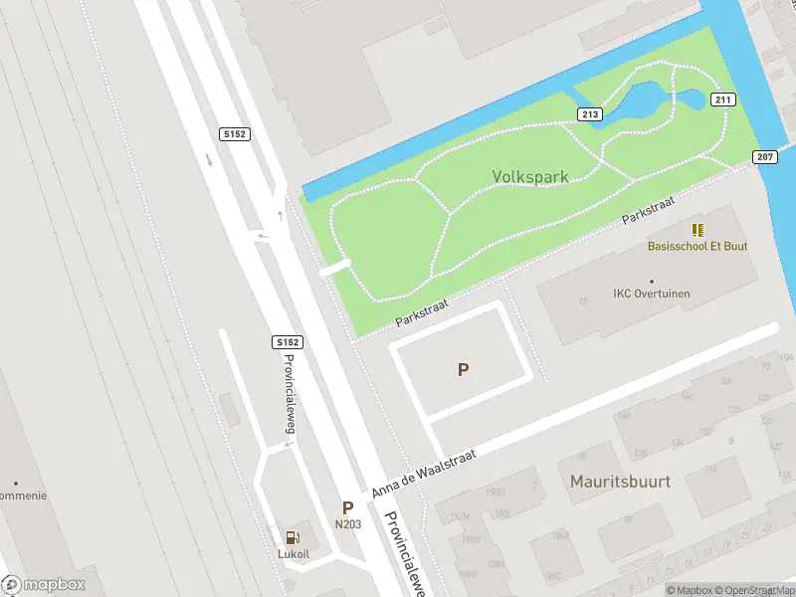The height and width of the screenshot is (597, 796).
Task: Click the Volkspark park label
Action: click(x=530, y=177)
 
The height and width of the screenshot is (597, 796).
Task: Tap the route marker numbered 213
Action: click(x=590, y=114)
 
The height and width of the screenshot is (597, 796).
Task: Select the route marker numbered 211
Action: click(x=722, y=99)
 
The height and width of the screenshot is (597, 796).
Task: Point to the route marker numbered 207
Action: click(x=764, y=156)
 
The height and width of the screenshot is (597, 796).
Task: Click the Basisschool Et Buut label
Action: click(x=697, y=246)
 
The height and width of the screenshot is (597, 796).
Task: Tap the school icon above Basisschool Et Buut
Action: click(x=697, y=230)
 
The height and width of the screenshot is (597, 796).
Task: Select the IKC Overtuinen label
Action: click(x=652, y=294)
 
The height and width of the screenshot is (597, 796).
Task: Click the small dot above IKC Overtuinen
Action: click(x=652, y=281)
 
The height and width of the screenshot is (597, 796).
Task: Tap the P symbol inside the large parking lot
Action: click(x=463, y=369)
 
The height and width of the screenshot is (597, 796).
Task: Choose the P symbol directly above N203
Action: click(x=347, y=506)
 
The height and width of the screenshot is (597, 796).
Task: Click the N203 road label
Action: click(x=347, y=524)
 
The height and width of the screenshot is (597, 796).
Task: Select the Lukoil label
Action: click(x=295, y=553)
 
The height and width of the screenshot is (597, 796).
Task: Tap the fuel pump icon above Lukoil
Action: click(x=295, y=537)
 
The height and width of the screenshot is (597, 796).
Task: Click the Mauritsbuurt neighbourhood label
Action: click(x=620, y=482)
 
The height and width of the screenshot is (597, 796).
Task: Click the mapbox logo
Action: click(x=44, y=585)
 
